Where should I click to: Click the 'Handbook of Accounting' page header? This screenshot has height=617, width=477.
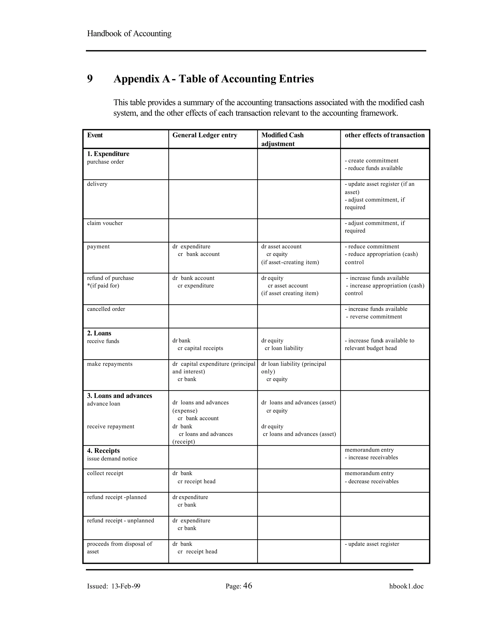coord(129,34)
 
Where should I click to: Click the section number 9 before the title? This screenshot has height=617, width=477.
coord(90,78)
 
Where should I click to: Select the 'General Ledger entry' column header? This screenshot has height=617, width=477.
coord(204,135)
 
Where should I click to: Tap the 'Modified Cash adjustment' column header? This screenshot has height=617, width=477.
coord(282,139)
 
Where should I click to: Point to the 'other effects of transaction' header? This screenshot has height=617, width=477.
coord(384,135)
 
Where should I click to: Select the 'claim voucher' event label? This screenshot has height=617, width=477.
coord(105,223)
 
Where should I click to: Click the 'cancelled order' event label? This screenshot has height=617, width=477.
coord(106,309)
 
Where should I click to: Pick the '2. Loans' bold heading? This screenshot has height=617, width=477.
coord(99,333)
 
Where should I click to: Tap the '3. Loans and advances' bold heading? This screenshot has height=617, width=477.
coord(119,396)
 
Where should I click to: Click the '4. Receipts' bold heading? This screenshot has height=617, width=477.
coord(103,451)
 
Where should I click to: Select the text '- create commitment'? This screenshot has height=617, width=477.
coord(371,160)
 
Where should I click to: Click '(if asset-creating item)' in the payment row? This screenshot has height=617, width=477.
coord(290,262)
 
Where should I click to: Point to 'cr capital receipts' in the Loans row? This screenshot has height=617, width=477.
coord(200,348)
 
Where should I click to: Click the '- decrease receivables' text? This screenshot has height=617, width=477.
coord(371,481)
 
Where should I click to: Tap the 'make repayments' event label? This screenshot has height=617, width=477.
coord(110,364)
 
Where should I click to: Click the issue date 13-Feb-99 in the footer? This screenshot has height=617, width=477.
coord(126,586)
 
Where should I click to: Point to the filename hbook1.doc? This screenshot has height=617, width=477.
coord(406,586)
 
